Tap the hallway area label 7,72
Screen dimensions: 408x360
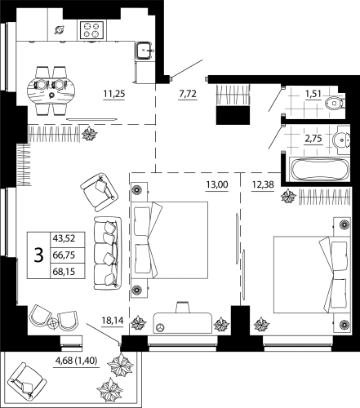[189, 94]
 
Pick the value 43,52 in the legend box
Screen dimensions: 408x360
[63, 237]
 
